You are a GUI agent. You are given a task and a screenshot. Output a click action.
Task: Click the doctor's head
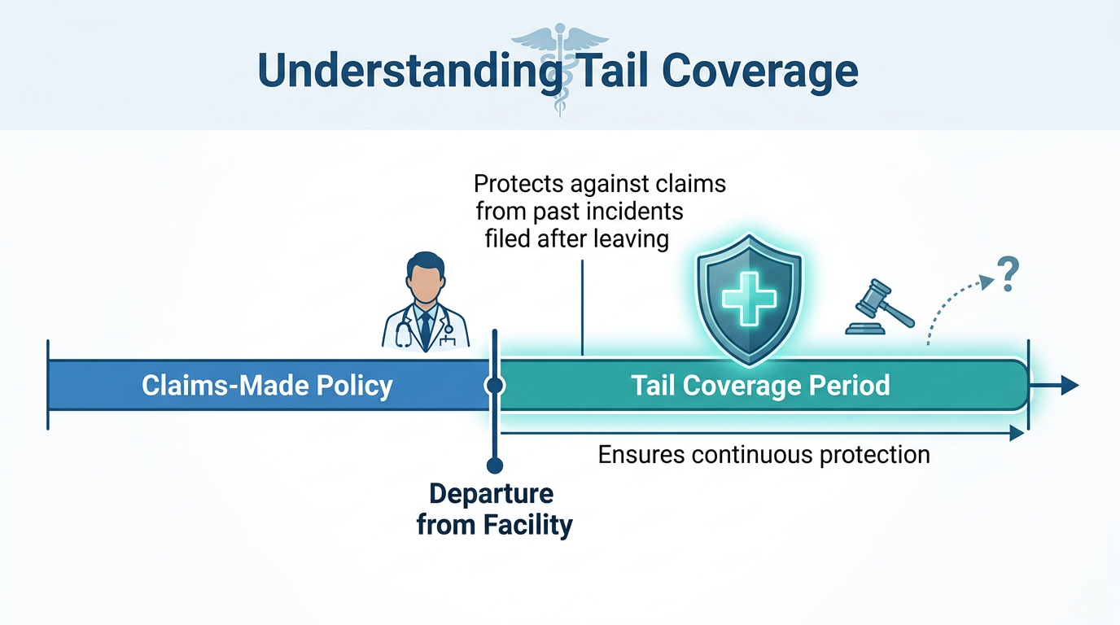[x=425, y=277]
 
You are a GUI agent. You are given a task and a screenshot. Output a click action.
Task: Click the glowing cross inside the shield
[x=749, y=299]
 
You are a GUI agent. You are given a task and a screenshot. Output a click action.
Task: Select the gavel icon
[x=880, y=307]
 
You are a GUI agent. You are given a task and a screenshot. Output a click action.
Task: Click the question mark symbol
[x=1008, y=274]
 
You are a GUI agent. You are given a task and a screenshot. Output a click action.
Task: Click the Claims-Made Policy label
[x=267, y=386]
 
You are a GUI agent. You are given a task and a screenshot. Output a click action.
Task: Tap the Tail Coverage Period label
[x=760, y=386]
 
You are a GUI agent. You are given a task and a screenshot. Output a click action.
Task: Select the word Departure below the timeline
[x=492, y=493]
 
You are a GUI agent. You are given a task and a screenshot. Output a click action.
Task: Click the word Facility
[x=527, y=525]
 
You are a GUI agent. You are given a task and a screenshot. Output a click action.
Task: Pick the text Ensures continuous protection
[x=764, y=455]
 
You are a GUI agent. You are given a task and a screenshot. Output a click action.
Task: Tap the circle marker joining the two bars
[x=495, y=386]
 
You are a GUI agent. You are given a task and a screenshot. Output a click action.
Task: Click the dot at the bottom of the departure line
[x=495, y=465]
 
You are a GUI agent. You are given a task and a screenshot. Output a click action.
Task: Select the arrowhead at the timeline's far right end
[x=1070, y=386]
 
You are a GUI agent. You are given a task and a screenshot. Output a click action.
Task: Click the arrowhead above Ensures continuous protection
[x=1017, y=433]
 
